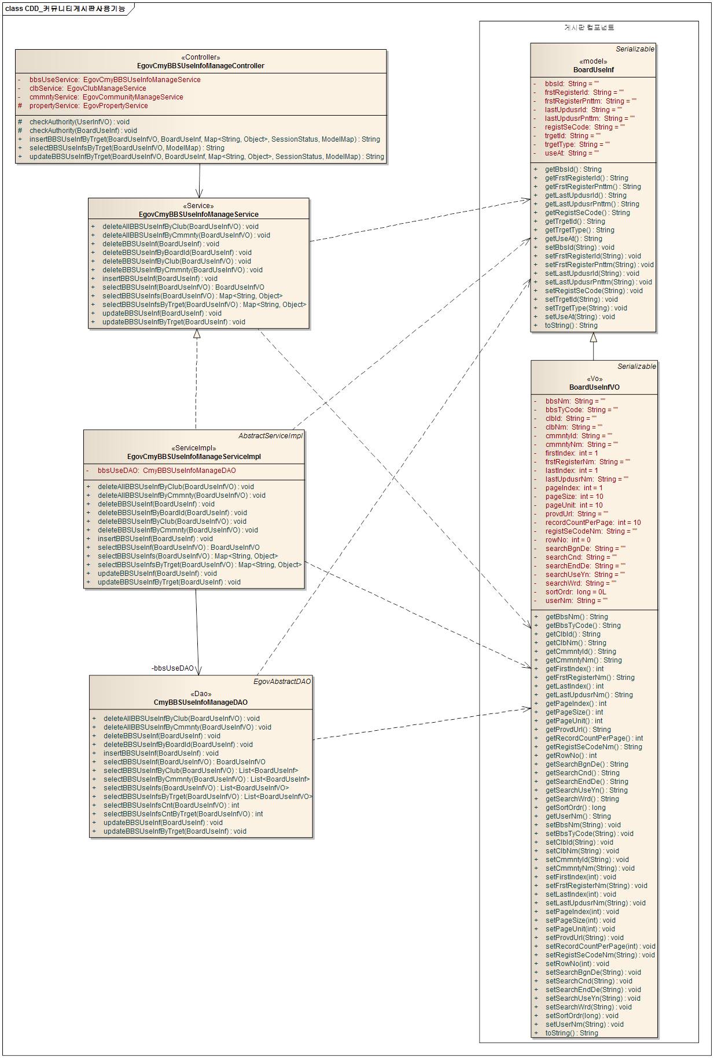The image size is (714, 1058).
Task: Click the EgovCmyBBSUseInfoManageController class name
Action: coord(200,66)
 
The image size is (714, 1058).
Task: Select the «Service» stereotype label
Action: coord(198,206)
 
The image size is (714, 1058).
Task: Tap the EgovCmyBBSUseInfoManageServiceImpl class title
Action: coord(194,457)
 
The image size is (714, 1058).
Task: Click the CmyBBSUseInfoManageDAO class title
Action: coord(200,702)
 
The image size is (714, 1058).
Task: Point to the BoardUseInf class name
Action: coord(593,70)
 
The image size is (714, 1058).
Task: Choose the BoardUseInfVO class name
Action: coord(594,387)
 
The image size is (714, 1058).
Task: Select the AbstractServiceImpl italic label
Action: coord(270,436)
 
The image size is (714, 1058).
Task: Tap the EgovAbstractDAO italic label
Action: coord(282,682)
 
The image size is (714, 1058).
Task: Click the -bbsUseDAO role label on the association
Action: coord(172,668)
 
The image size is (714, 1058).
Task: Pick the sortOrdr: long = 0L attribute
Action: coord(576,592)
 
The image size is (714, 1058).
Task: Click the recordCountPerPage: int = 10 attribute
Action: coord(592,523)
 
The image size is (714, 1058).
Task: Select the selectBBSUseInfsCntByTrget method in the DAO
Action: coord(183,814)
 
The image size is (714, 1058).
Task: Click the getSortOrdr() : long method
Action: coord(575,808)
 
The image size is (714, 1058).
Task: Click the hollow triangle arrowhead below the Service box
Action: coord(197,334)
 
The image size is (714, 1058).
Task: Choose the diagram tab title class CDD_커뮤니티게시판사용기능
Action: coord(65,9)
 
